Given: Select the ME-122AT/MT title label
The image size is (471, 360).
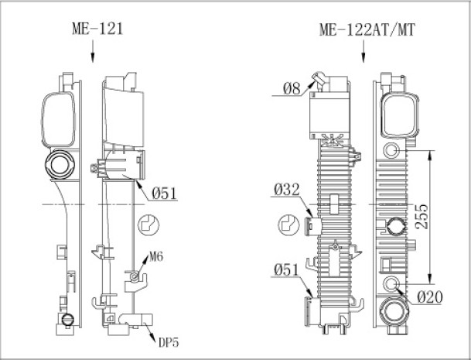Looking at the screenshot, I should tap(366, 29).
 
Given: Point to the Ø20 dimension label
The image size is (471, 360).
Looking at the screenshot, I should tap(429, 296).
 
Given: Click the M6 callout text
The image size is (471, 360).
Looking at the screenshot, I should tap(157, 256).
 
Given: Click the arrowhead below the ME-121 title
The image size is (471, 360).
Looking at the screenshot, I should tap(92, 56).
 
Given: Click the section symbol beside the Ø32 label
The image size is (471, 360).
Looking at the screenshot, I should tap(287, 226).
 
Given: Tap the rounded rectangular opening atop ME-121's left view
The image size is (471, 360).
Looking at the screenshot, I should tap(57, 117).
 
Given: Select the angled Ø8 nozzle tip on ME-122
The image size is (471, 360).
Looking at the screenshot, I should tap(315, 77).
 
